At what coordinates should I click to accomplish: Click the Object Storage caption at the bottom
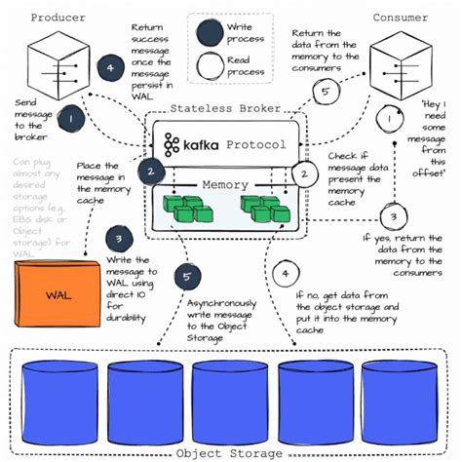tap(230, 451)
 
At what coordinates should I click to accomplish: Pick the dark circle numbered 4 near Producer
tap(110, 68)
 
